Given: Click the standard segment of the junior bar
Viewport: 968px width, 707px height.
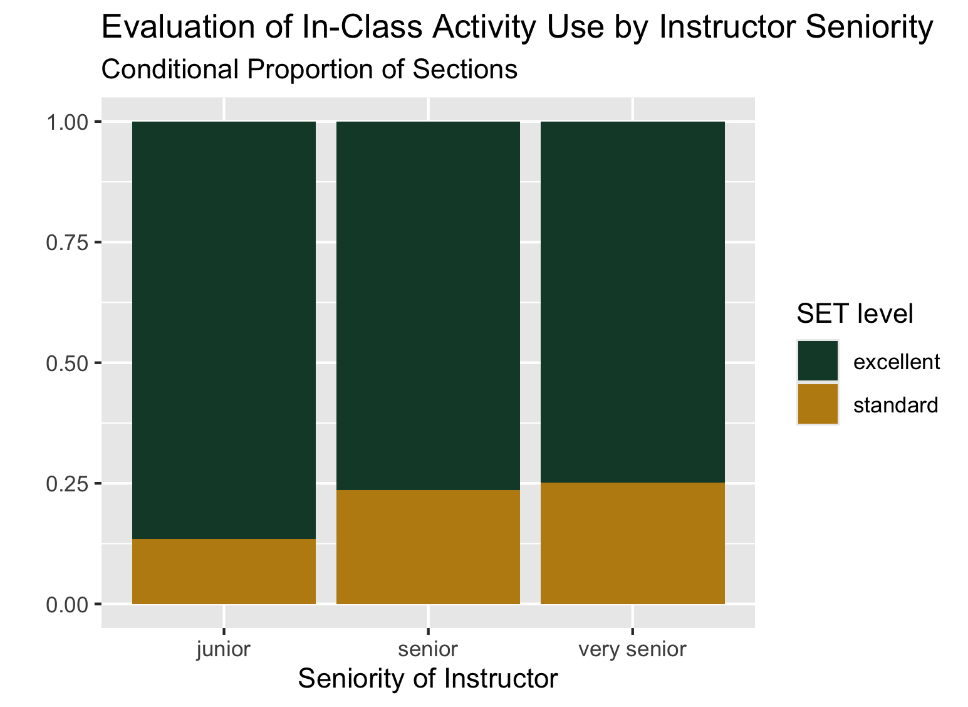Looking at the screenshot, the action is point(224,572).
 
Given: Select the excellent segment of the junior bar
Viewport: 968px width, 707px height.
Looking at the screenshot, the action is point(224,330).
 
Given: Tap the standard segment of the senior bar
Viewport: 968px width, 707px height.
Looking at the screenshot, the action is point(429,547).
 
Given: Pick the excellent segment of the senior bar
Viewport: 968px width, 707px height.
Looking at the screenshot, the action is point(429,306).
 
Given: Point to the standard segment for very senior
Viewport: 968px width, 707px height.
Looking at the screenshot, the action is point(633,543).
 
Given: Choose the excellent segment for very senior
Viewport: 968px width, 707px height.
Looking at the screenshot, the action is point(633,302).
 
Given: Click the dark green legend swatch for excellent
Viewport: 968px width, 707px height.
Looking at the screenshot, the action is point(818,360).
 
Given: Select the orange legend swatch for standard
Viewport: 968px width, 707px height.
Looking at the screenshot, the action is point(818,404).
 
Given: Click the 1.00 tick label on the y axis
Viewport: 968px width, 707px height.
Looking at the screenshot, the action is point(67,122).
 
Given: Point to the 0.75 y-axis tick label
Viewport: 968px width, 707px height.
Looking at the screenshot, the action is point(67,243).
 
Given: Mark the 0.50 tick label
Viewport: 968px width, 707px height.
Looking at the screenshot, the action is point(67,364).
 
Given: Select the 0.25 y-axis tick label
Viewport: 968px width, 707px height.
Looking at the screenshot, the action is point(67,484).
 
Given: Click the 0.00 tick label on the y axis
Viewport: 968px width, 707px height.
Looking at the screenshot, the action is point(67,604).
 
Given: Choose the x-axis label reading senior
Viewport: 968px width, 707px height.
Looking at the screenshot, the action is point(428,649).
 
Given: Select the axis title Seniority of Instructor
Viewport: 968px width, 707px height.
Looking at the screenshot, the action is point(428,679).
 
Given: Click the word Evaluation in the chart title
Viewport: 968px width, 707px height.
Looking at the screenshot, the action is point(178,27).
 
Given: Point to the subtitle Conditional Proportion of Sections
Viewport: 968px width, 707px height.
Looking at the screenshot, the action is point(310,69).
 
